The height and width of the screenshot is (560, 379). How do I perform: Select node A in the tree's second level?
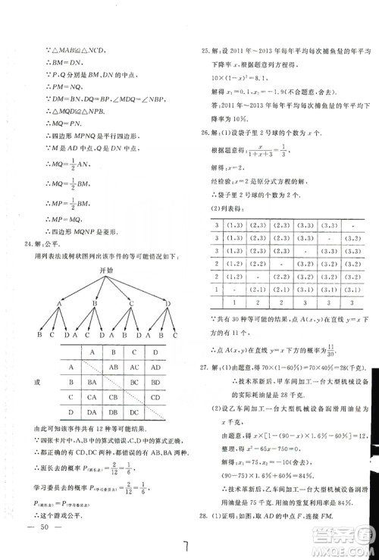click(x=58, y=303)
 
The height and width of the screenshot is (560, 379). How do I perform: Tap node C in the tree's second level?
click(x=131, y=303)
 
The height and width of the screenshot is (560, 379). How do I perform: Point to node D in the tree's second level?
click(x=168, y=303)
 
